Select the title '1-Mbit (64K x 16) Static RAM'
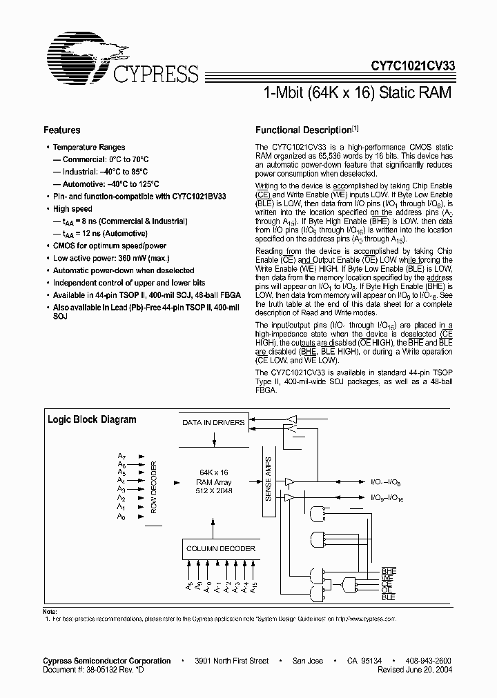pyautogui.click(x=358, y=92)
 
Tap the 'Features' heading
pyautogui.click(x=62, y=130)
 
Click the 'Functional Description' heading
pyautogui.click(x=304, y=130)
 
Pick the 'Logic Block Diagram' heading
pyautogui.click(x=91, y=419)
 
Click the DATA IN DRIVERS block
pyautogui.click(x=213, y=422)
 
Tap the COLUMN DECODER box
pyautogui.click(x=221, y=549)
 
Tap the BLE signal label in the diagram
pyautogui.click(x=389, y=597)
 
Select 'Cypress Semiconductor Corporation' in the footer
pyautogui.click(x=107, y=661)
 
